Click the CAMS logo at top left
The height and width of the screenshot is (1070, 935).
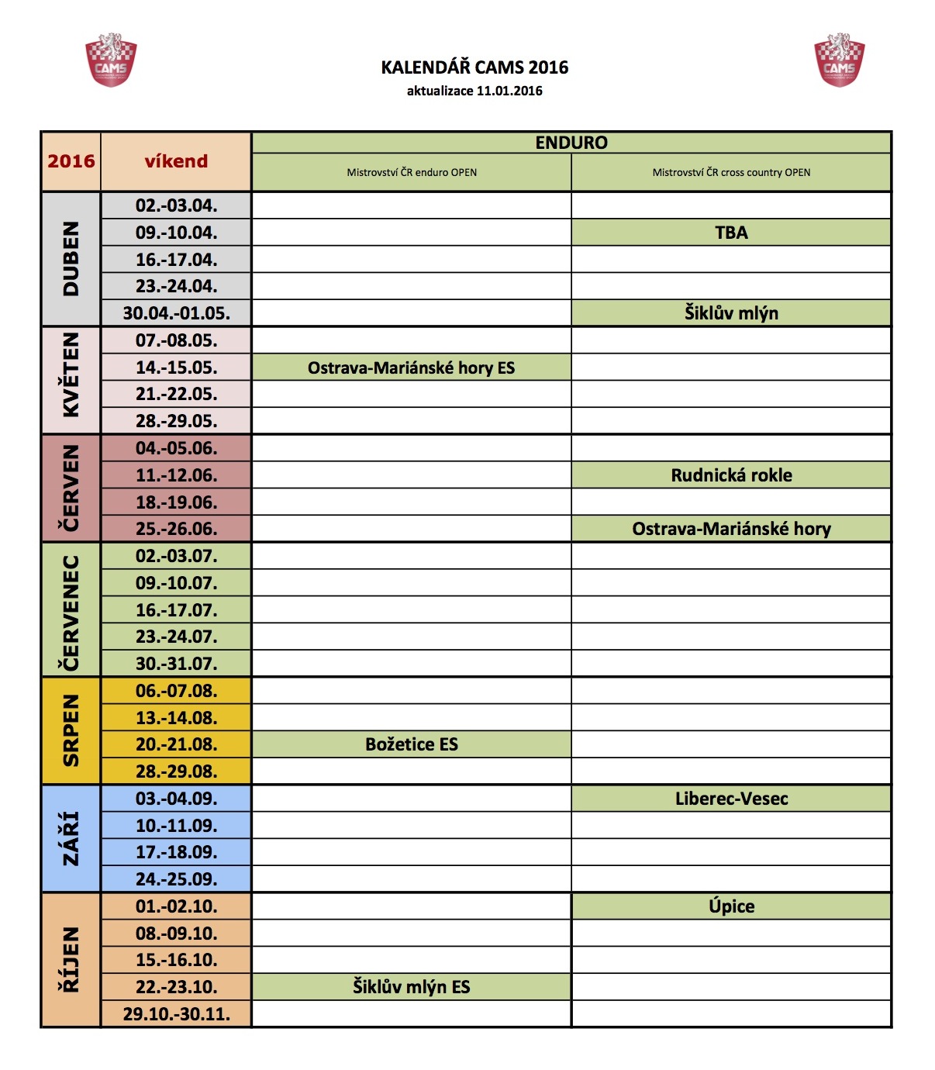click(x=111, y=60)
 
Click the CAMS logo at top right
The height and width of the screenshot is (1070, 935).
click(x=839, y=60)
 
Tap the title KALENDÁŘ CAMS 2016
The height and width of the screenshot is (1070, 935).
click(x=474, y=67)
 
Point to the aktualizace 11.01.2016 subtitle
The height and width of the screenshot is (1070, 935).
click(x=474, y=91)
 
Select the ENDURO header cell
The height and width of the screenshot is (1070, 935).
click(x=571, y=143)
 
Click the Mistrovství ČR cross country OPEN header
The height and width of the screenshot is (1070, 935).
click(x=731, y=172)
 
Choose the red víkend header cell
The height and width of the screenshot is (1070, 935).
click(x=176, y=161)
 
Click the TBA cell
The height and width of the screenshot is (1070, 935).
click(x=731, y=233)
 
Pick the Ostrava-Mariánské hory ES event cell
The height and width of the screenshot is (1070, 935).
click(x=411, y=368)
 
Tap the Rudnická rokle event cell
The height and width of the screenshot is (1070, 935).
click(x=731, y=475)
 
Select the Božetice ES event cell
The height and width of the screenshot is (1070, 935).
click(x=411, y=744)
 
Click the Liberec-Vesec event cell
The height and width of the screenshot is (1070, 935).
click(x=731, y=799)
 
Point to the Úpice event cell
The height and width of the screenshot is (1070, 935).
click(x=731, y=906)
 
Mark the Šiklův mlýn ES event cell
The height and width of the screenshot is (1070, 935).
click(x=411, y=987)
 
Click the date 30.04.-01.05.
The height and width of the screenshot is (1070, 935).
click(x=176, y=313)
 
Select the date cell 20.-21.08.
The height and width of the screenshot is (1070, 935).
click(x=176, y=744)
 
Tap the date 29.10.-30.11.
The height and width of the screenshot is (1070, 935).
click(x=176, y=1013)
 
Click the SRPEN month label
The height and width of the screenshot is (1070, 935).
click(x=71, y=730)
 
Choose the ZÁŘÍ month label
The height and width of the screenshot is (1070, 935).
click(x=71, y=838)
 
